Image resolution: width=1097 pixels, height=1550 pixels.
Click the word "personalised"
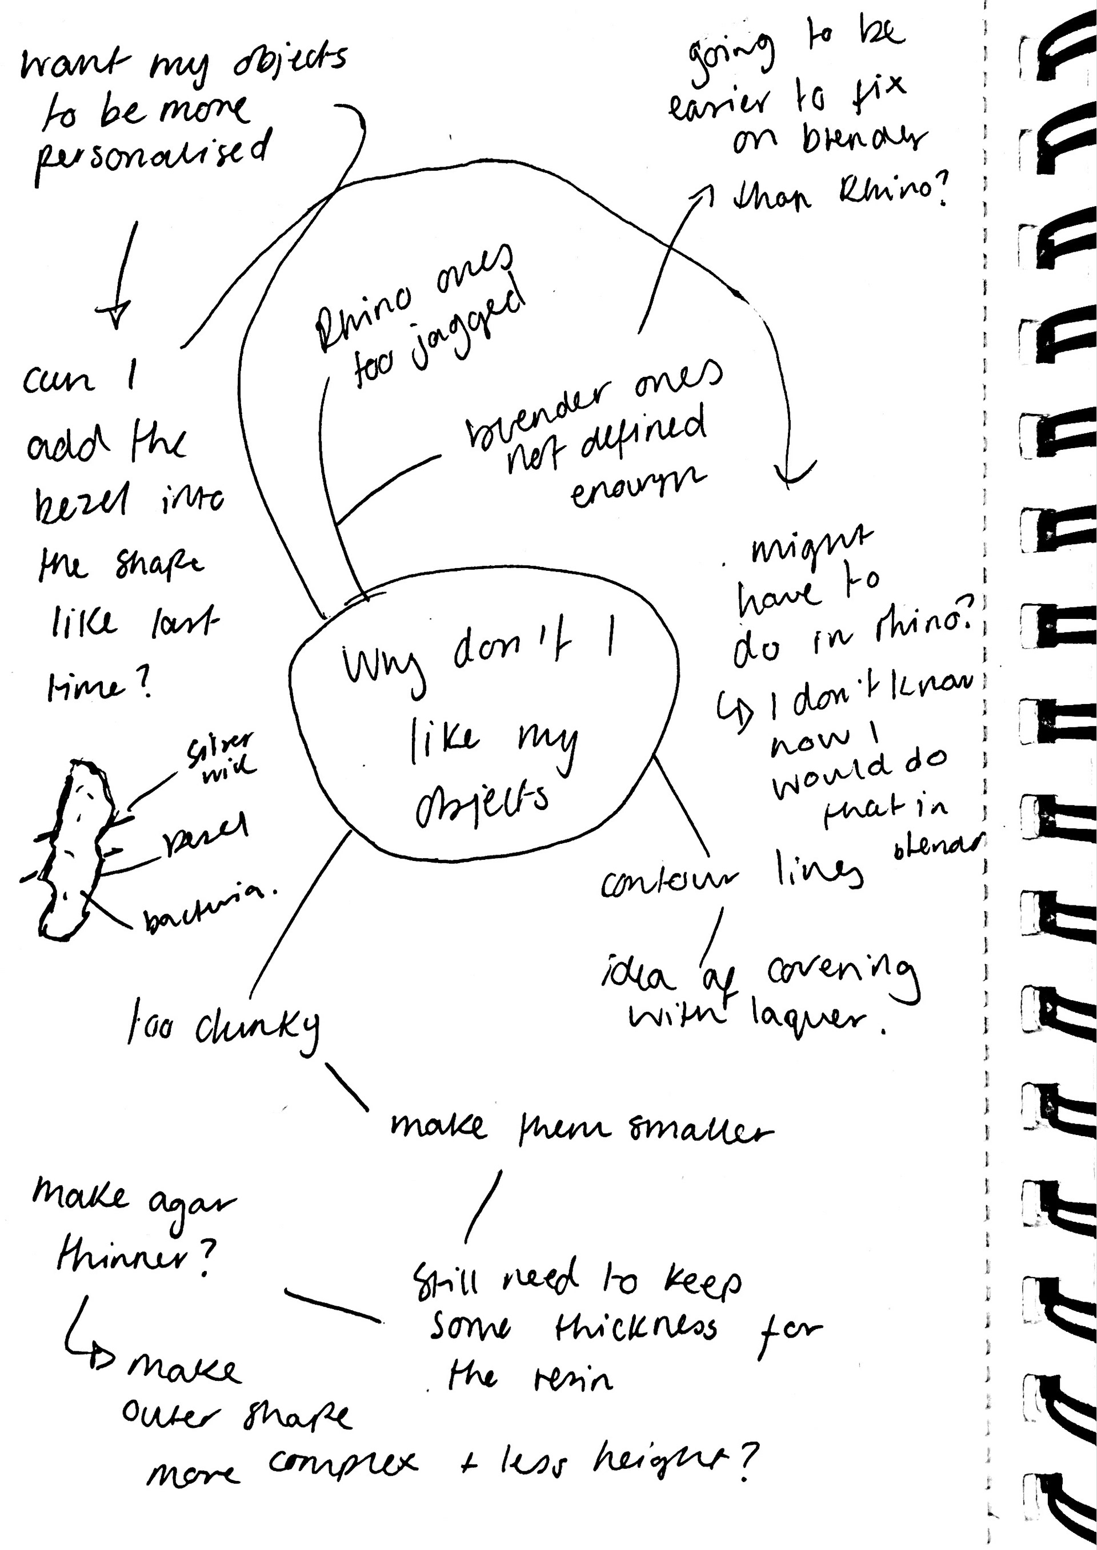[x=152, y=156]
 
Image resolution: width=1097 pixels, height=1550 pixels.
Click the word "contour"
[x=668, y=881]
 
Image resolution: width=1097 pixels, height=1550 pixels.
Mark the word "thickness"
[x=635, y=1328]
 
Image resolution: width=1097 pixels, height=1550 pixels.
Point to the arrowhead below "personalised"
[x=115, y=314]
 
